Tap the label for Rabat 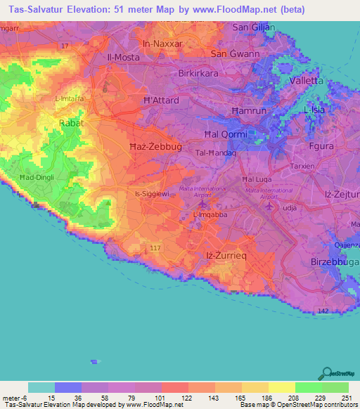(70, 122)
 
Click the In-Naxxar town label (162, 44)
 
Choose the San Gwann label (235, 53)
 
